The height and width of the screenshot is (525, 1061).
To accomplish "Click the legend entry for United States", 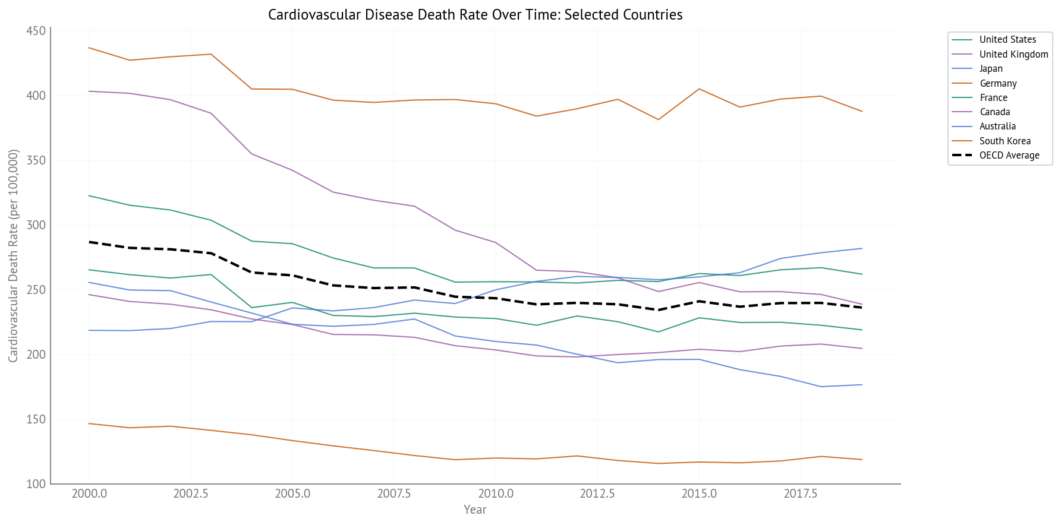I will [1008, 40].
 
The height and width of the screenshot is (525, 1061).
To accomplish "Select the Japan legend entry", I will [991, 69].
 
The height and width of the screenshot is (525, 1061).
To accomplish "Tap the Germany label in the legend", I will [998, 84].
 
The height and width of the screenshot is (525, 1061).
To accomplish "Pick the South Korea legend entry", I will [1005, 141].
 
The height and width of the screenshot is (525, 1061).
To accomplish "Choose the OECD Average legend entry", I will [1009, 156].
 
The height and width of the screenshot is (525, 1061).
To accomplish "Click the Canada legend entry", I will [994, 112].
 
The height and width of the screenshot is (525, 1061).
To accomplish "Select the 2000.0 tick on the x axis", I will [89, 494].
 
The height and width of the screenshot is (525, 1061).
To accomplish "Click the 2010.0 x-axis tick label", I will [495, 494].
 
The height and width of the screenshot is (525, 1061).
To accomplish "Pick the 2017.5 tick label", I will [800, 494].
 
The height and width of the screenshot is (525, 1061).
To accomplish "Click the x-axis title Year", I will [475, 510].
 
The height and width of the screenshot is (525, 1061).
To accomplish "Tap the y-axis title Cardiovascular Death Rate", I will [13, 255].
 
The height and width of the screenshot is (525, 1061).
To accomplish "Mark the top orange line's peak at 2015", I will [699, 89].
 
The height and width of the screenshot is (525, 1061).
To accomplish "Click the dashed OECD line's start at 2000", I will [89, 242].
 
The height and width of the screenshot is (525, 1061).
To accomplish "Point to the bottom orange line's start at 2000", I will [89, 423].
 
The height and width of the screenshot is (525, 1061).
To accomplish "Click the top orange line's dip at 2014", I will [658, 119].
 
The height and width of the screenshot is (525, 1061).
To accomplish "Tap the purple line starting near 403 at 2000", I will [89, 91].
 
